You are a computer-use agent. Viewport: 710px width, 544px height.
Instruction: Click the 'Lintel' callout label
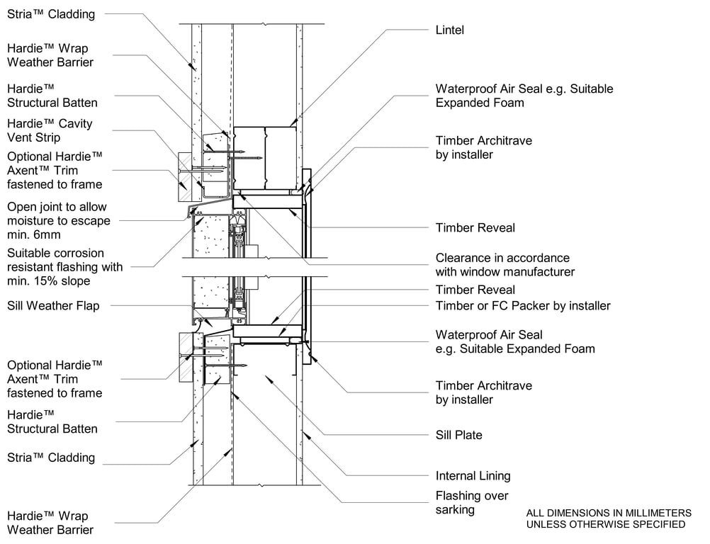tap(449, 30)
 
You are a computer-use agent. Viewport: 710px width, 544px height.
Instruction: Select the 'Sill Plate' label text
tap(458, 435)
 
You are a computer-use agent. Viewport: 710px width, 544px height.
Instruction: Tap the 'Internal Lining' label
tap(473, 476)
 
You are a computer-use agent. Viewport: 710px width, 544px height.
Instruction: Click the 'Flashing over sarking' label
tap(472, 503)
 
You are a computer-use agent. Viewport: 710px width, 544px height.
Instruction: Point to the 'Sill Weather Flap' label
tap(53, 306)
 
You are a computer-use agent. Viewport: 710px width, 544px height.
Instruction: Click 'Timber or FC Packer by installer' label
tap(523, 306)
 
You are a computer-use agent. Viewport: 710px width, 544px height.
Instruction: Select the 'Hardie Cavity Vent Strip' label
tap(50, 130)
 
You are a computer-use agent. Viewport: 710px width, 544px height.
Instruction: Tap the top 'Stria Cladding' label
tap(51, 14)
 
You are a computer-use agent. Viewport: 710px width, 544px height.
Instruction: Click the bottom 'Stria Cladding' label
tap(51, 458)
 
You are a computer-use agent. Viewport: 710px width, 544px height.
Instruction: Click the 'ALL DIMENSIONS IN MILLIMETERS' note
tap(609, 513)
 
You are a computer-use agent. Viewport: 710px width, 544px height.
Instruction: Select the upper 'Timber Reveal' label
tap(475, 228)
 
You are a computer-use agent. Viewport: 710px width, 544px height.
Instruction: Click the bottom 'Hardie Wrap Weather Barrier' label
tap(50, 523)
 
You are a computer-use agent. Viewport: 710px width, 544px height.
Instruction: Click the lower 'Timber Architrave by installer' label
tap(483, 392)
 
